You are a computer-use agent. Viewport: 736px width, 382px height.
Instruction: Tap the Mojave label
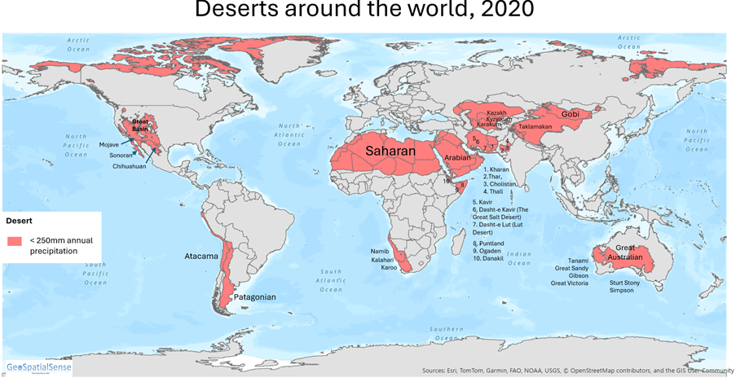click(x=109, y=143)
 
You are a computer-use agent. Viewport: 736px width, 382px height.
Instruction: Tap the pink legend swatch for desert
click(x=15, y=241)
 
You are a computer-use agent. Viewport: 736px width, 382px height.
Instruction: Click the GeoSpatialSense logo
click(x=38, y=367)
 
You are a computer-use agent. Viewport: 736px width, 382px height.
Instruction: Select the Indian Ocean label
click(x=518, y=258)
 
